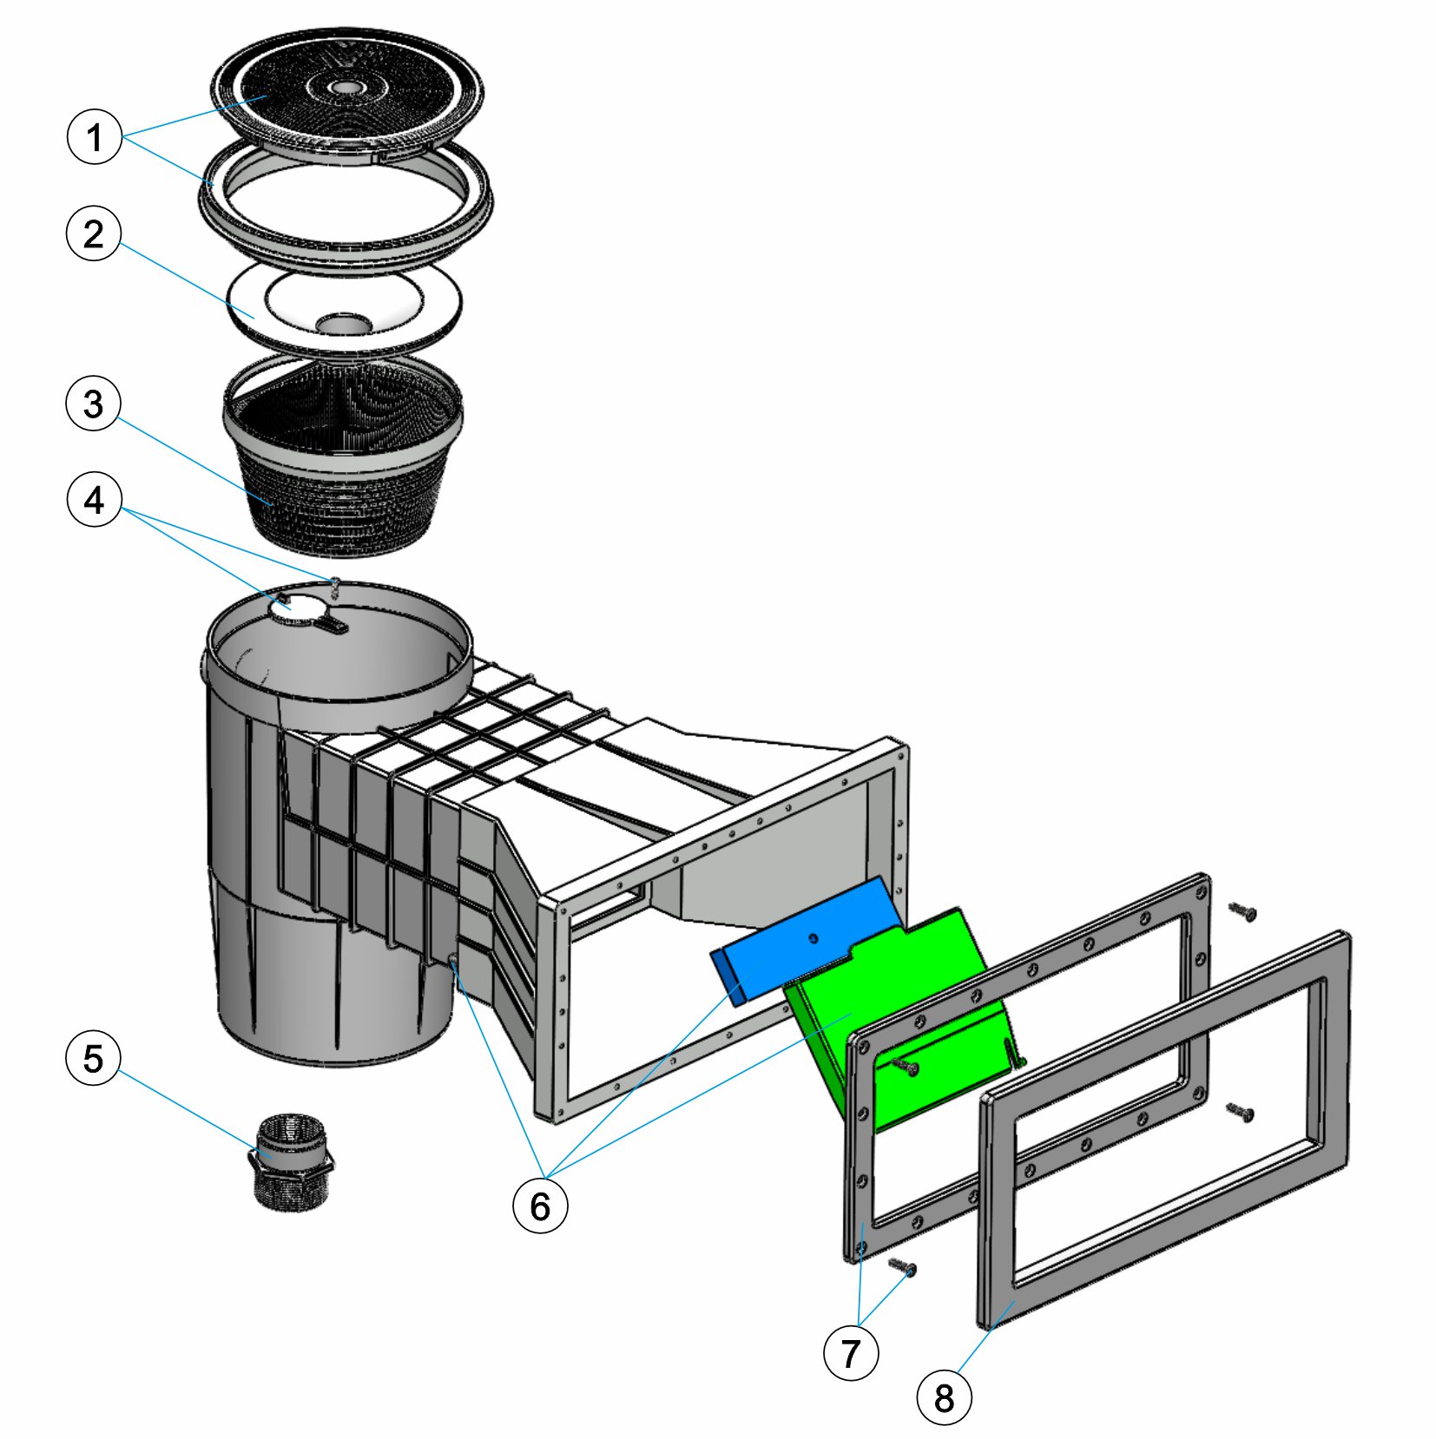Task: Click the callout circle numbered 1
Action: coord(95,137)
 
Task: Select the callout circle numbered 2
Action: coord(94,234)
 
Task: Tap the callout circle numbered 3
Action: coord(94,404)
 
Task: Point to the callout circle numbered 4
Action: coord(94,501)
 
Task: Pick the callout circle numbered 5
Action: coord(94,1059)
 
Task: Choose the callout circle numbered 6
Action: coord(540,1206)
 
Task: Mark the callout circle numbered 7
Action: coord(851,1353)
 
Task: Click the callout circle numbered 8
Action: coord(944,1398)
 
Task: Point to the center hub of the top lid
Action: coord(346,88)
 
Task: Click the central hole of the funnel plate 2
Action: coord(344,325)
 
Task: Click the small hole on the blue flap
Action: coord(814,937)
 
